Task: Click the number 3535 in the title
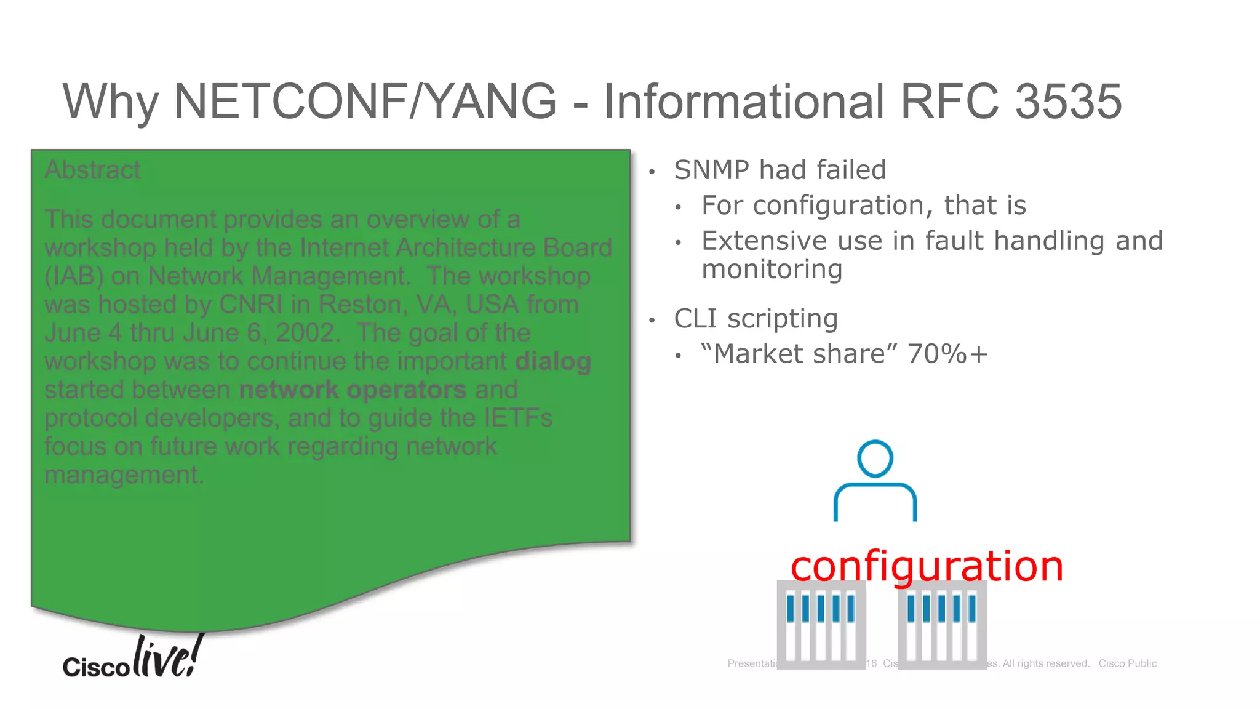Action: [1068, 102]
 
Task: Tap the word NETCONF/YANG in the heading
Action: [365, 102]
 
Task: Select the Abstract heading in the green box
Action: [92, 170]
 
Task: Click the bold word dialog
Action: [552, 361]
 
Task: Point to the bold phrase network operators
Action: [352, 390]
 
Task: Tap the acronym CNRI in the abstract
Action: [251, 305]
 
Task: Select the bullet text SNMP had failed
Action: [780, 170]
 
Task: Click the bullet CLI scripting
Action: [756, 319]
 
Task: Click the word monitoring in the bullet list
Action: [772, 270]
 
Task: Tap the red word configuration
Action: [927, 566]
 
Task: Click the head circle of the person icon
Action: [875, 459]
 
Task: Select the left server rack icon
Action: [821, 625]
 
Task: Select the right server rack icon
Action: [942, 625]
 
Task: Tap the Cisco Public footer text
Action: [1127, 663]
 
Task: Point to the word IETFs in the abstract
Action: [517, 418]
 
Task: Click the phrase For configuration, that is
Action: [863, 206]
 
